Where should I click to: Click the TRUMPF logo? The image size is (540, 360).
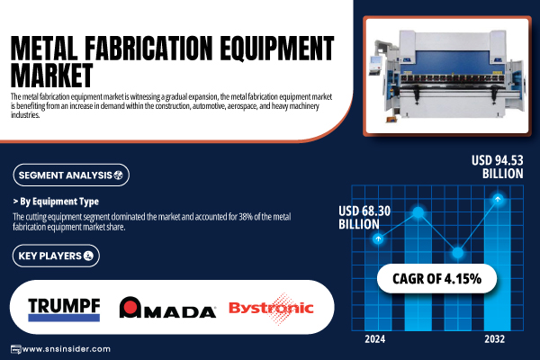pyautogui.click(x=64, y=310)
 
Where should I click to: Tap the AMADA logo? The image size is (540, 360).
pyautogui.click(x=167, y=307)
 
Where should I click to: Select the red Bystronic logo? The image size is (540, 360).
pyautogui.click(x=271, y=309)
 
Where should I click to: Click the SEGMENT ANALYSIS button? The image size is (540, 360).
pyautogui.click(x=71, y=175)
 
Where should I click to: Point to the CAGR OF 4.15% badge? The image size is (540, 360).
pyautogui.click(x=436, y=278)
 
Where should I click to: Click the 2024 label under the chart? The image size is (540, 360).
pyautogui.click(x=375, y=339)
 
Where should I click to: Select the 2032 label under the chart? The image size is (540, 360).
pyautogui.click(x=494, y=339)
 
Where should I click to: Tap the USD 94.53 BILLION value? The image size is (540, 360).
pyautogui.click(x=498, y=166)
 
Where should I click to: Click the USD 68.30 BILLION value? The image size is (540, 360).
pyautogui.click(x=364, y=218)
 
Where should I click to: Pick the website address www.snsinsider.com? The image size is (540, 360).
pyautogui.click(x=66, y=349)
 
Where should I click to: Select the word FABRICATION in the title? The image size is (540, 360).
pyautogui.click(x=148, y=48)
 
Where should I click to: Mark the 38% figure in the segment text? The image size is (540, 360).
pyautogui.click(x=246, y=217)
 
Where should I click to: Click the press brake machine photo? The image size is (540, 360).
pyautogui.click(x=447, y=76)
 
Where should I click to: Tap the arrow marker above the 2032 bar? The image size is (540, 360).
pyautogui.click(x=498, y=199)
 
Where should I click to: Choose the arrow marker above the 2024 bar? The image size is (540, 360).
pyautogui.click(x=378, y=238)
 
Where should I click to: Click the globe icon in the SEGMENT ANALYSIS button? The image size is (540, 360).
pyautogui.click(x=118, y=175)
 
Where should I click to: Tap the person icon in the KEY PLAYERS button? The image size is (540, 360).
pyautogui.click(x=88, y=256)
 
